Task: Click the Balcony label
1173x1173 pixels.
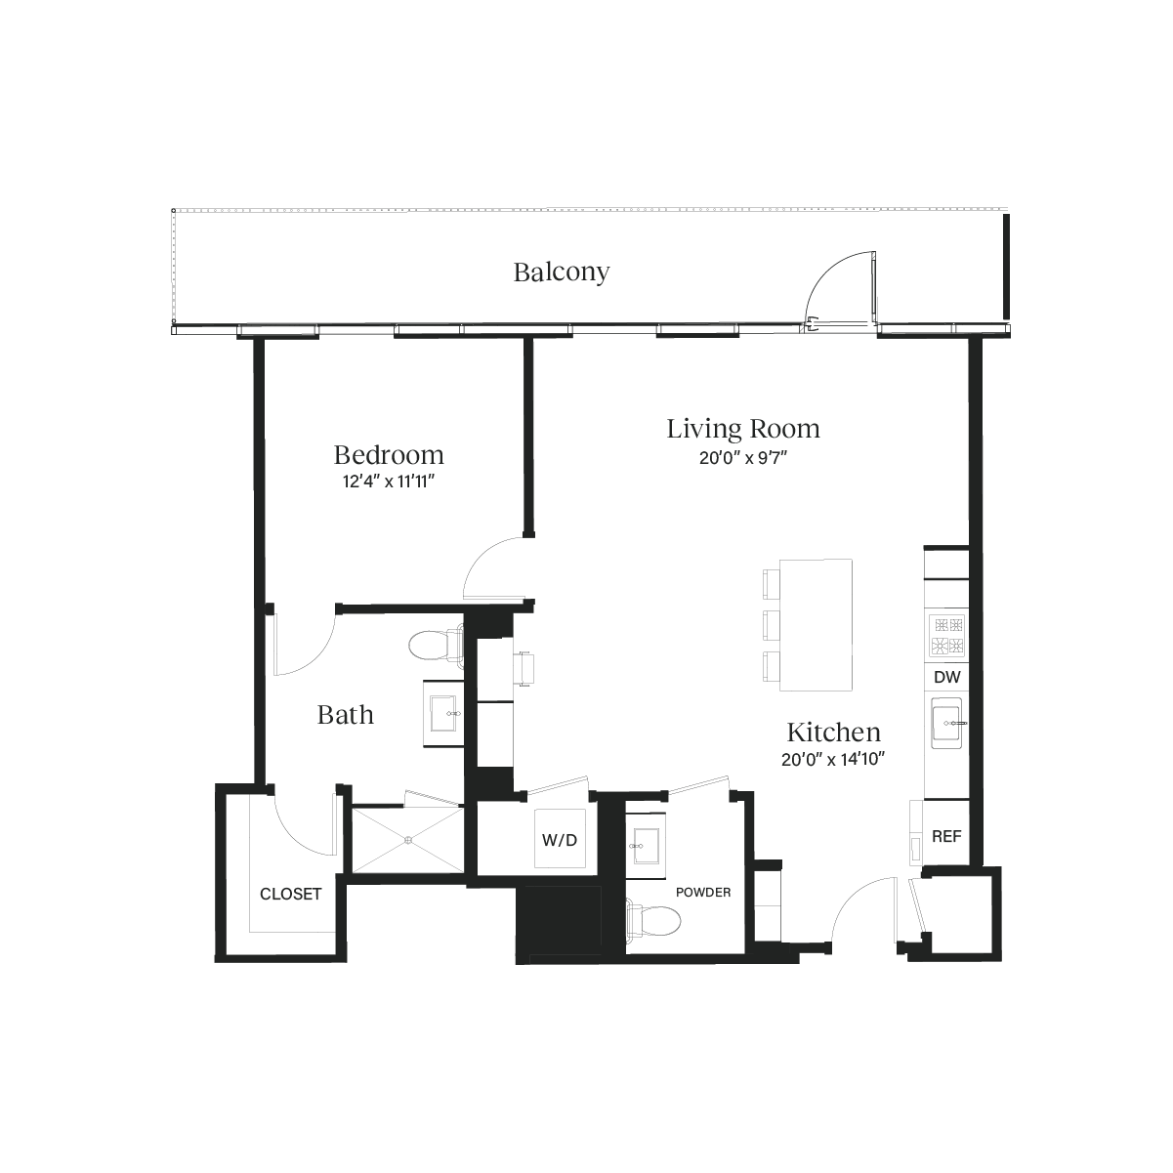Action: (x=562, y=272)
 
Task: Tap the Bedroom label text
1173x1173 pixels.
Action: (x=389, y=455)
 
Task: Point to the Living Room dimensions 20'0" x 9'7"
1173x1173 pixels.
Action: (x=743, y=458)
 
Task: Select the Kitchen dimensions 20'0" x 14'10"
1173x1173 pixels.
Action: (x=833, y=761)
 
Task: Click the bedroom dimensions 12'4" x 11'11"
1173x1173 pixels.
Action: (x=389, y=482)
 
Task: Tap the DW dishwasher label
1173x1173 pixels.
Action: (x=945, y=677)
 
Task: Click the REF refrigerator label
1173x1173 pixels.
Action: (x=946, y=837)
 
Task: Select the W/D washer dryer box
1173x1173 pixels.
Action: (x=559, y=839)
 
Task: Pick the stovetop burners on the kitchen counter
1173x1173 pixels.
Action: (x=946, y=635)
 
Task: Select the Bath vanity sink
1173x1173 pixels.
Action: (x=445, y=713)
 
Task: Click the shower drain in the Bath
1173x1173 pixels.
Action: (x=409, y=839)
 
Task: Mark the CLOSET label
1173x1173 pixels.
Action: (x=290, y=894)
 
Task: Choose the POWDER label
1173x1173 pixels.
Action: (x=703, y=892)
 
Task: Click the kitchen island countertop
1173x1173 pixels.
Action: (x=817, y=623)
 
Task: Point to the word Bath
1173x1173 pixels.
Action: (x=346, y=715)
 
